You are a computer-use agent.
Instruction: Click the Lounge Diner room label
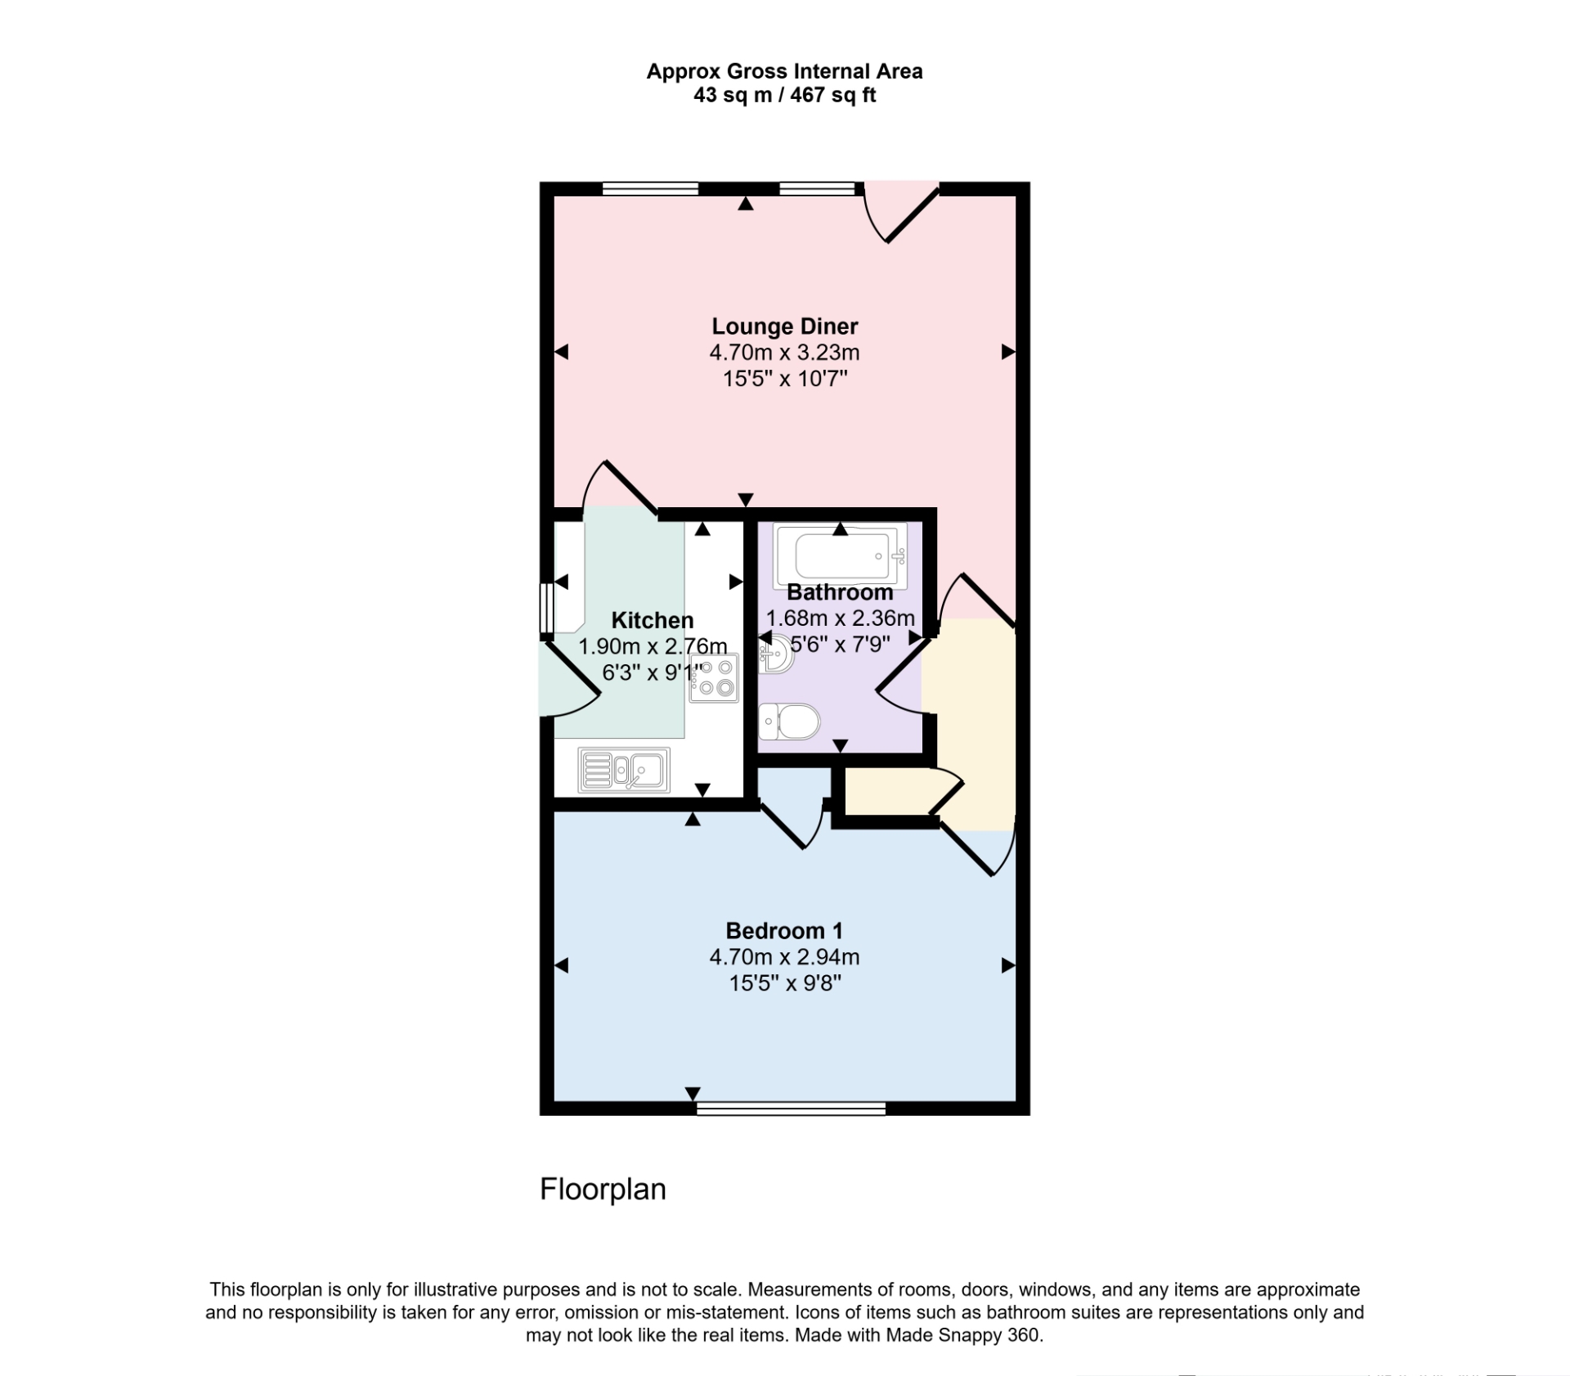click(784, 326)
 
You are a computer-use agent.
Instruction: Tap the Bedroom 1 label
click(783, 931)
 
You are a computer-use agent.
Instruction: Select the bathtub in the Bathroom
click(840, 555)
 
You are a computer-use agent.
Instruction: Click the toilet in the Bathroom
click(790, 722)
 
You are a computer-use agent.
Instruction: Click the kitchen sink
click(624, 770)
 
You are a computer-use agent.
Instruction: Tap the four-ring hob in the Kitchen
click(714, 678)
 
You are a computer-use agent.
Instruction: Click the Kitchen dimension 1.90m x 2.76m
click(653, 646)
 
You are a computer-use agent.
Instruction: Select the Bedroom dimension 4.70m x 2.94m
click(783, 957)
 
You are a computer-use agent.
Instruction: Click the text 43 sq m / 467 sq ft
click(784, 96)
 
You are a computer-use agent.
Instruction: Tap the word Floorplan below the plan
click(603, 1189)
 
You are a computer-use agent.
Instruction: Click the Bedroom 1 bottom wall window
click(791, 1108)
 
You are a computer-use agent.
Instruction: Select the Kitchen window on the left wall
click(546, 608)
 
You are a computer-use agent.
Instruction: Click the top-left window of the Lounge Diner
click(650, 189)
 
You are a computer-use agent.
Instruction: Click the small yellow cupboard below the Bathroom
click(887, 791)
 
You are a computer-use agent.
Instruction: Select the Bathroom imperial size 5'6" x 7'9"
click(840, 645)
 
